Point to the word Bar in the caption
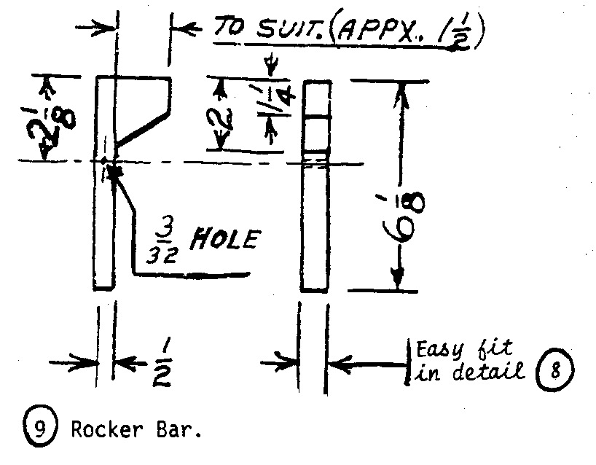pos(178,431)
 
